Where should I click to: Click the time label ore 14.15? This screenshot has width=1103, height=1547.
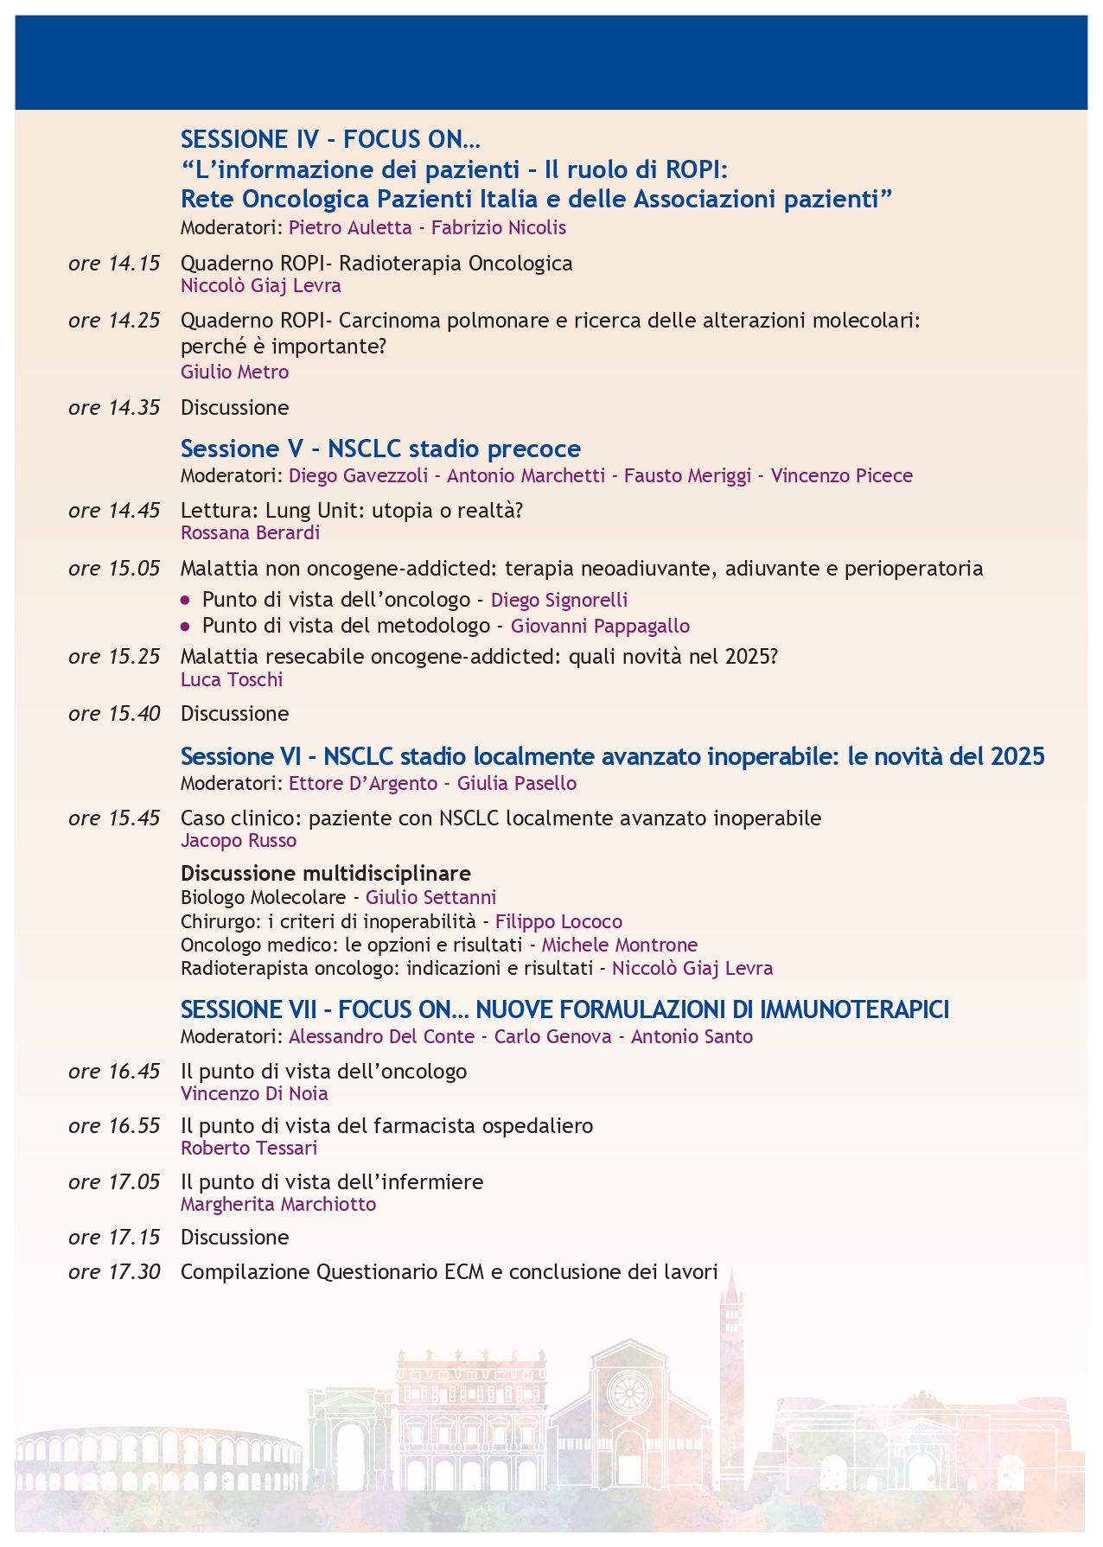114,264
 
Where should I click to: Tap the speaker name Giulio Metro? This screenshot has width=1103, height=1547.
234,372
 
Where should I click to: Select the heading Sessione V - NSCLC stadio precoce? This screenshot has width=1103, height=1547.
380,449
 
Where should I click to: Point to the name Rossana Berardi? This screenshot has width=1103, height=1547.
250,533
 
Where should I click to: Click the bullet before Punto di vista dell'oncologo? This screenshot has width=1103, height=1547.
185,600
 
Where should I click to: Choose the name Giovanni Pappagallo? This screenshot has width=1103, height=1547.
600,626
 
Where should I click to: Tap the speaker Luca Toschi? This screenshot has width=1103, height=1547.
232,680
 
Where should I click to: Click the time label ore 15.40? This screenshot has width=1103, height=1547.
114,714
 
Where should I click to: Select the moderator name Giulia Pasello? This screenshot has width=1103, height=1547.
516,784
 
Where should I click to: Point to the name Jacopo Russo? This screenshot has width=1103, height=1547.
239,841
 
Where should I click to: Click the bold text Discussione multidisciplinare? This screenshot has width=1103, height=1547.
326,873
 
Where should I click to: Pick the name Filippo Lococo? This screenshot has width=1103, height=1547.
558,922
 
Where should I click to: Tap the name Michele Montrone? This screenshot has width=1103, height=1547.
619,945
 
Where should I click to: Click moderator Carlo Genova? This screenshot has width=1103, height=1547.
552,1037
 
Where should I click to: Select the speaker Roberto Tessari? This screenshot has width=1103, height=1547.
249,1149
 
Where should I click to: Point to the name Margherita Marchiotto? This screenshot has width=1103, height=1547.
278,1205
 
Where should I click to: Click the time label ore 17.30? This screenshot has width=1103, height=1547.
114,1273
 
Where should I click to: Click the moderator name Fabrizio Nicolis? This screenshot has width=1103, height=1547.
499,228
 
